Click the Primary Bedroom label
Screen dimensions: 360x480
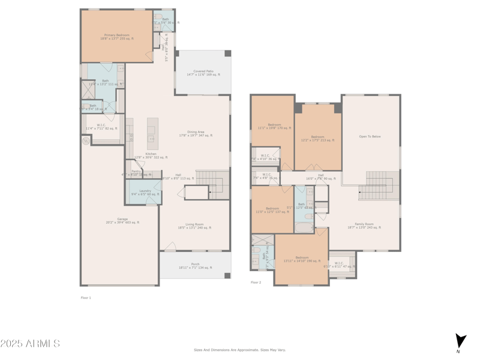coord(117,37)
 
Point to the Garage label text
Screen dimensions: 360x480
coord(122,220)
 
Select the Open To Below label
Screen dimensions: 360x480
coord(370,136)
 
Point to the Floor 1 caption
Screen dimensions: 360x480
coord(86,298)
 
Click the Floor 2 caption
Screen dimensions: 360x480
coord(256,282)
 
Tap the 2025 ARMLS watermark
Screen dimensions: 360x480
coord(30,343)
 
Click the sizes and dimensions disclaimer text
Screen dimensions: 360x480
coord(239,350)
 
